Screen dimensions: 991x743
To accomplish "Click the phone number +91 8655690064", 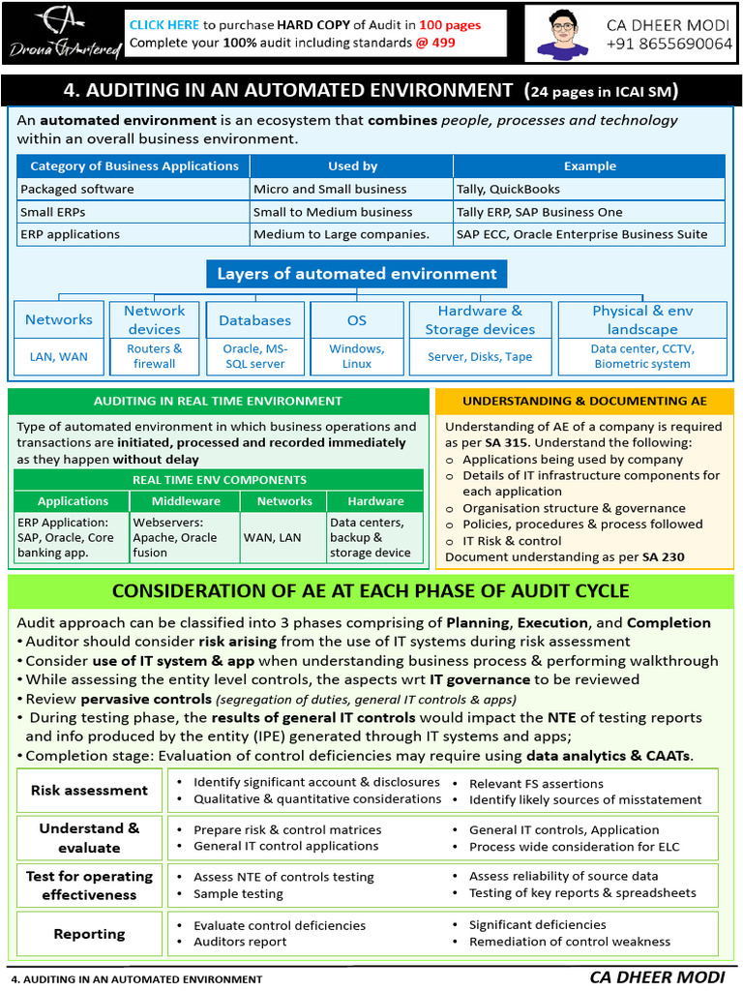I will (x=669, y=45).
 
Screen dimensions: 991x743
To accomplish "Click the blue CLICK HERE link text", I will (x=164, y=24).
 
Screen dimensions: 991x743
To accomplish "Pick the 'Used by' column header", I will (x=352, y=166).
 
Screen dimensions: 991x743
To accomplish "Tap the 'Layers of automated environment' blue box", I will (x=356, y=274).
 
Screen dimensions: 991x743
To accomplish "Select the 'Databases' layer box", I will (x=254, y=320).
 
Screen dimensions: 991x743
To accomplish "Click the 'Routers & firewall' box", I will (x=155, y=356).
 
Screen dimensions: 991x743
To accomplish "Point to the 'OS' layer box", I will (x=357, y=320).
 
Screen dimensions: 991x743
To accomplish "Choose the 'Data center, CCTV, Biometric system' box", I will (x=642, y=356).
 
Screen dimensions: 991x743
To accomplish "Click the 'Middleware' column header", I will (x=186, y=501).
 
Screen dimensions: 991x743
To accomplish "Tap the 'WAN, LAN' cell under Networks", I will (x=272, y=537).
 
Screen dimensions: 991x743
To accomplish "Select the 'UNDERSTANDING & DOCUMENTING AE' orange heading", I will (x=584, y=401).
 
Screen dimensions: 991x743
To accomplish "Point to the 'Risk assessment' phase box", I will (x=89, y=791).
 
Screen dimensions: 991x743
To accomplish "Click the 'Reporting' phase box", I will (x=89, y=934).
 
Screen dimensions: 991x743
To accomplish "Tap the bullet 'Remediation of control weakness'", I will (x=569, y=942).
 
